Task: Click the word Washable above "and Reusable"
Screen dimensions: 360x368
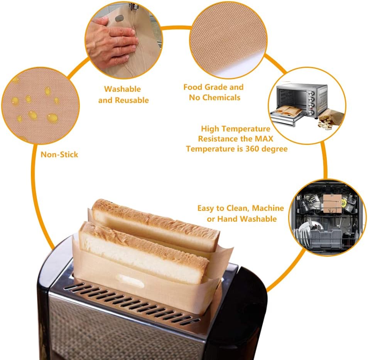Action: [122, 89]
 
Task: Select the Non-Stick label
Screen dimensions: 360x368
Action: [59, 155]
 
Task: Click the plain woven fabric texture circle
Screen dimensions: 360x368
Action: [228, 39]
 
